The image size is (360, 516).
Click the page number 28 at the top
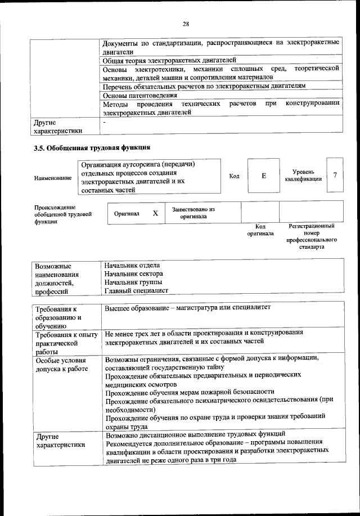(x=185, y=24)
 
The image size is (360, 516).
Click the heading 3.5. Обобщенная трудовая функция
(x=92, y=148)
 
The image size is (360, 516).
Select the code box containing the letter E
(x=263, y=176)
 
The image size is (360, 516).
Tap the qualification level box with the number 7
(x=335, y=175)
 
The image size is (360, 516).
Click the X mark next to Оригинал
(x=155, y=214)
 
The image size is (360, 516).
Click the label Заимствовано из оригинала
(x=193, y=213)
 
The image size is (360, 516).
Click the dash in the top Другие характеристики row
(x=105, y=121)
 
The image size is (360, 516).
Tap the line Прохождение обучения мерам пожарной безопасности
(x=190, y=392)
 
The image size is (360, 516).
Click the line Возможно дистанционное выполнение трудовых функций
(x=195, y=434)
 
